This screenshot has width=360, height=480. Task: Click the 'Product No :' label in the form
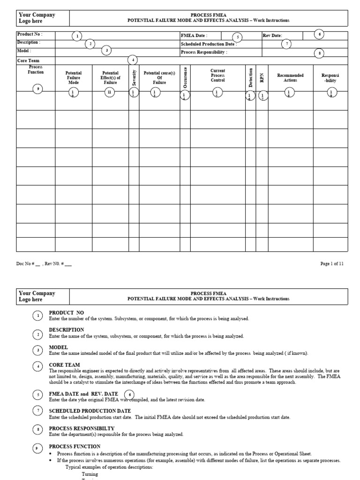tap(30, 35)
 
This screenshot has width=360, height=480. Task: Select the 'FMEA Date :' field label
tap(194, 36)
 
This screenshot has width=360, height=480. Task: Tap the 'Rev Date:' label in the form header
tap(272, 36)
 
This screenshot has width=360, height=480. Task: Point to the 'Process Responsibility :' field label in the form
tap(204, 52)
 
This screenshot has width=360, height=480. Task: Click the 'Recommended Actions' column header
tap(290, 78)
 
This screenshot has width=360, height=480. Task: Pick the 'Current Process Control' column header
tap(218, 75)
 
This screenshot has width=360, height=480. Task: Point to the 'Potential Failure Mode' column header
tap(74, 78)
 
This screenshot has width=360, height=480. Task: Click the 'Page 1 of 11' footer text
tap(332, 264)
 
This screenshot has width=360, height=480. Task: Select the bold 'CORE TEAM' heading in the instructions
tap(64, 365)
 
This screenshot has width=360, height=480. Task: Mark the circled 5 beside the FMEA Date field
tap(237, 37)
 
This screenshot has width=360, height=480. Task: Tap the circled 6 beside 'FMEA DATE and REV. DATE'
tap(129, 395)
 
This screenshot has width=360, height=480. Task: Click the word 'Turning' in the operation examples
tap(90, 474)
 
